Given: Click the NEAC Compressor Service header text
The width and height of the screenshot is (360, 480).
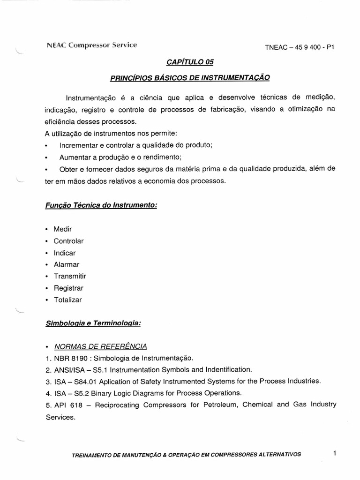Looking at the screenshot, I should pos(92,45).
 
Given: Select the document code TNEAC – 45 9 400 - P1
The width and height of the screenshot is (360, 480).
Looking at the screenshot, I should pos(301,47).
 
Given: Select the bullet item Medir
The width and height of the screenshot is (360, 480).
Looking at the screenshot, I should pos(63,229).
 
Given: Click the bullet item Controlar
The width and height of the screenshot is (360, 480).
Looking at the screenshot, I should pos(68,241).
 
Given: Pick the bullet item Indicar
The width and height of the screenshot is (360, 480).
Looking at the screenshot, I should pos(65,253).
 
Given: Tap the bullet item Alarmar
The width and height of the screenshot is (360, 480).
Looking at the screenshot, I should pos(67,264).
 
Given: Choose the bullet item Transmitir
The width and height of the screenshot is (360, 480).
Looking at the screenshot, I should pos(70,276).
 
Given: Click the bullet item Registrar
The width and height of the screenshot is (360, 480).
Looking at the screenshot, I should pos(68,288).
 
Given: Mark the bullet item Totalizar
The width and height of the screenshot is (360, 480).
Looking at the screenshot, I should pos(67,300).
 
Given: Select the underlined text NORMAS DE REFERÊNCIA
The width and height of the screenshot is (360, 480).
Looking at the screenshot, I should pos(100,346).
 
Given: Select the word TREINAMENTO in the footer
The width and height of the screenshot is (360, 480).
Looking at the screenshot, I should pos(93,455).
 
